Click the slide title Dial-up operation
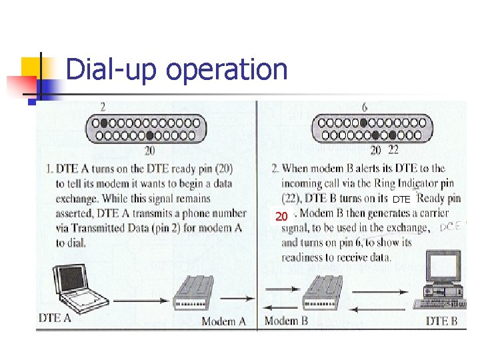(x=177, y=69)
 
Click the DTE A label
(x=55, y=318)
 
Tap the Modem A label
(x=223, y=321)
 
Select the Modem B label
(x=286, y=321)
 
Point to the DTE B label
(x=441, y=321)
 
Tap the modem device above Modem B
(x=327, y=293)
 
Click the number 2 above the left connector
(x=103, y=107)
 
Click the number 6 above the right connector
(x=364, y=107)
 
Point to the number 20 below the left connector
(x=150, y=151)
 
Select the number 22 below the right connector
(x=393, y=151)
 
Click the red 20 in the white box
(x=282, y=216)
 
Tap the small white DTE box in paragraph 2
(x=401, y=199)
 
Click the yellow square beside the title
(x=32, y=68)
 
